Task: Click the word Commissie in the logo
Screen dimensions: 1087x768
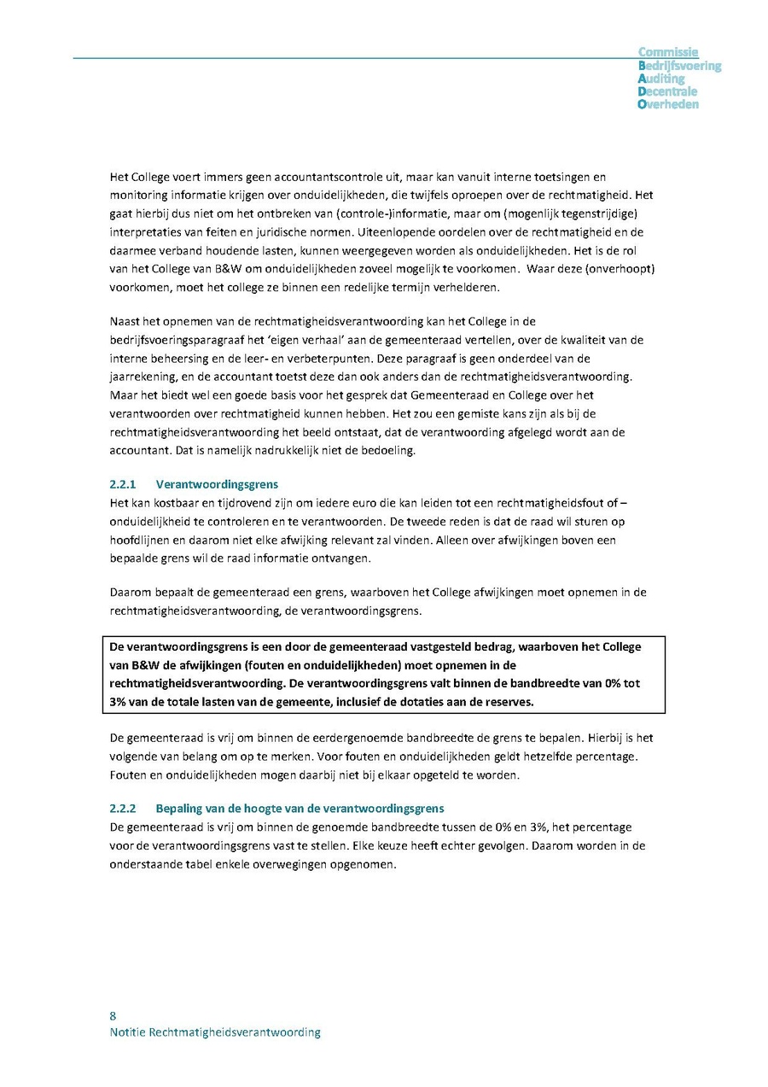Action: point(668,52)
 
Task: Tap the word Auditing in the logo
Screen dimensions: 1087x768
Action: point(661,79)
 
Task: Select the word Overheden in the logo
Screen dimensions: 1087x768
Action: point(668,104)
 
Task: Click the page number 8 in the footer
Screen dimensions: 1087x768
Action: point(113,1015)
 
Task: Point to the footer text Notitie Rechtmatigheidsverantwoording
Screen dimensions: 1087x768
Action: point(215,1032)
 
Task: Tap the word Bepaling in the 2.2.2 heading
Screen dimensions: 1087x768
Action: point(177,808)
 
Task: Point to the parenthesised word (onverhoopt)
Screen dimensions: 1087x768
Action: point(625,269)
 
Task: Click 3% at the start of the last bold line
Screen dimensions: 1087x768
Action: point(118,702)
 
